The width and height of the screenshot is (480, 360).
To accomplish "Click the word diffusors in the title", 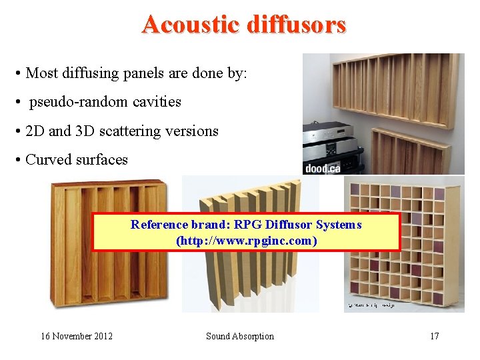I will click(297, 25).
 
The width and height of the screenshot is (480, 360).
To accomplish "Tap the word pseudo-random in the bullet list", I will click(73, 102).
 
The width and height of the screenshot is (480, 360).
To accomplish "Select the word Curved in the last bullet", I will click(48, 160).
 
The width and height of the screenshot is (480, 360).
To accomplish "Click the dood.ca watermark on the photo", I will click(323, 167).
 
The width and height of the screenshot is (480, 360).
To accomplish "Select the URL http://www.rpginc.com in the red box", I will click(246, 241).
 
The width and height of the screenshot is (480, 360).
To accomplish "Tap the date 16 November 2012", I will click(77, 336).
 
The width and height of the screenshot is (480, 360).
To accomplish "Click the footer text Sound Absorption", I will click(240, 336).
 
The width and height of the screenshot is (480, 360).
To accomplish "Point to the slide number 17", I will click(434, 336).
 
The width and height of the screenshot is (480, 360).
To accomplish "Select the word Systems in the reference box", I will click(339, 225).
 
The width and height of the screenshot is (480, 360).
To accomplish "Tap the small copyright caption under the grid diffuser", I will click(370, 305).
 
